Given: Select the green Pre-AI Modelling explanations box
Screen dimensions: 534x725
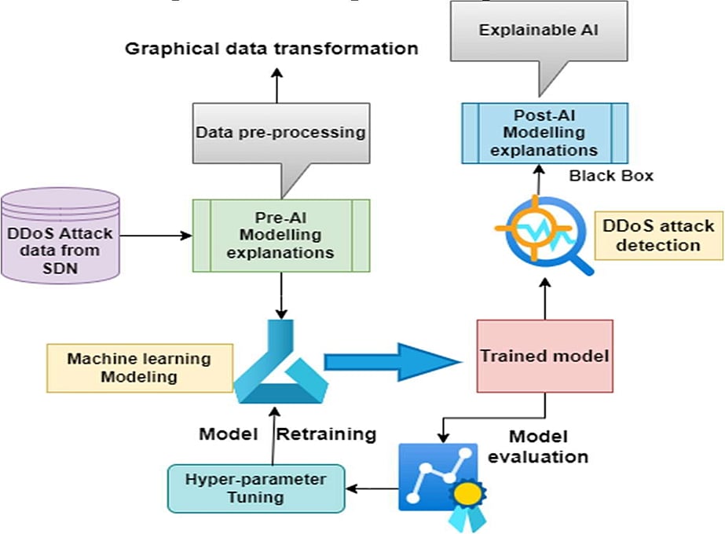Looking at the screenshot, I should (282, 234).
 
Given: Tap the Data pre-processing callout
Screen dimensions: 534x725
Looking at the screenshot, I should (281, 133).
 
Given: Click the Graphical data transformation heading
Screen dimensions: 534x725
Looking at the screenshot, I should (272, 49).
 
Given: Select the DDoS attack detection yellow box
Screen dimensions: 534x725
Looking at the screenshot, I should (657, 235).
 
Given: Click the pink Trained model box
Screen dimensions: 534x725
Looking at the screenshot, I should (544, 356).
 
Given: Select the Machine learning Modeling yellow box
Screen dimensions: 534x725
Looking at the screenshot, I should (139, 368).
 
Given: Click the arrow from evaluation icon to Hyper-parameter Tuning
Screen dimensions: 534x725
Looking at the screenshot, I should (373, 488).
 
